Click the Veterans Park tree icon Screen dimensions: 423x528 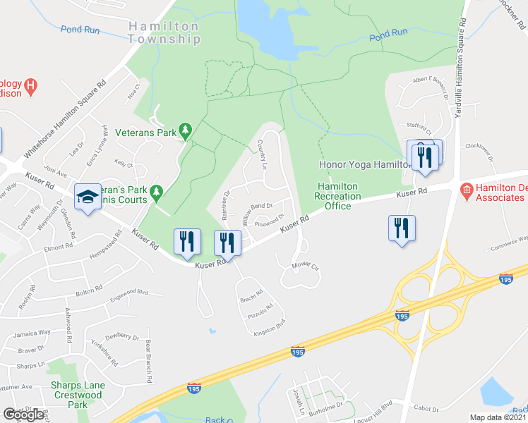(x=185, y=130)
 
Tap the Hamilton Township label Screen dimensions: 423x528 (x=164, y=33)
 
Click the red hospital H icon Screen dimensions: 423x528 (x=30, y=87)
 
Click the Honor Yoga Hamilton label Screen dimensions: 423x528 (x=364, y=164)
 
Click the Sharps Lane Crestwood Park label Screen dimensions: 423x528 (x=78, y=395)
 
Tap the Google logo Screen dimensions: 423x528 (x=23, y=415)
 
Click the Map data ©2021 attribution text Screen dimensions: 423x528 (x=498, y=417)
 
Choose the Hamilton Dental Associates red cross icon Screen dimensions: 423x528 (x=465, y=190)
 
